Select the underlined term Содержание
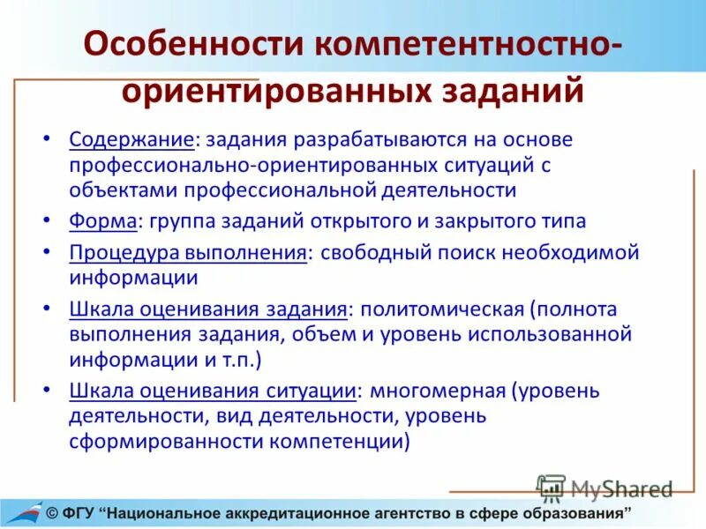[x=131, y=139]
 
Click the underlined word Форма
[x=103, y=220]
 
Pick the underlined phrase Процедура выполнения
[x=187, y=252]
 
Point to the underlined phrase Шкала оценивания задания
[x=207, y=309]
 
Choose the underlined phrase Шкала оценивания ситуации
[x=212, y=390]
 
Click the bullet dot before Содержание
[x=49, y=140]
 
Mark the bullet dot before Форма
[x=49, y=221]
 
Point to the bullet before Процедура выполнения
[x=49, y=253]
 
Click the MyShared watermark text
[x=621, y=488]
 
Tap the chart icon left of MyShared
[x=551, y=488]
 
